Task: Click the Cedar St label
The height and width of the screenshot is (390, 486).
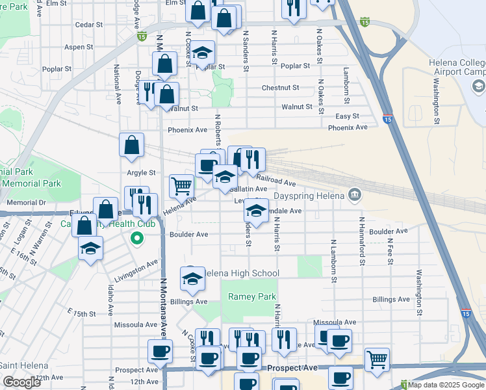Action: click(x=89, y=25)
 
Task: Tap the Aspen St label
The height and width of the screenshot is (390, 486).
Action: click(x=79, y=47)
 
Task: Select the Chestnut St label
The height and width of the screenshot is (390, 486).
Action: click(x=280, y=88)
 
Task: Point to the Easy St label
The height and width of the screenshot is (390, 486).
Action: click(x=347, y=116)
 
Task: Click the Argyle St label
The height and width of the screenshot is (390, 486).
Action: click(x=141, y=173)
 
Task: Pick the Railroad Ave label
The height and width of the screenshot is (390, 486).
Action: click(x=276, y=180)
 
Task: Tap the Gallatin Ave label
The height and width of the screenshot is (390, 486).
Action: click(x=246, y=189)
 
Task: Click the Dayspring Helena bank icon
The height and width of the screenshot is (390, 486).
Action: click(x=355, y=194)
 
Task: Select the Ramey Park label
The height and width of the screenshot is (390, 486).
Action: click(x=252, y=296)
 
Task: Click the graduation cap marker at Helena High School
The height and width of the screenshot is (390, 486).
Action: click(x=192, y=278)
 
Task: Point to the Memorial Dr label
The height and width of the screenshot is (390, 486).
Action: click(x=23, y=203)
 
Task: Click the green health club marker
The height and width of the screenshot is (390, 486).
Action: click(x=136, y=238)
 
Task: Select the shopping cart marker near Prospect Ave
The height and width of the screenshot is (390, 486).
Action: click(x=377, y=359)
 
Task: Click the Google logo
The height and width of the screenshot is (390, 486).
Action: click(x=22, y=382)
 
